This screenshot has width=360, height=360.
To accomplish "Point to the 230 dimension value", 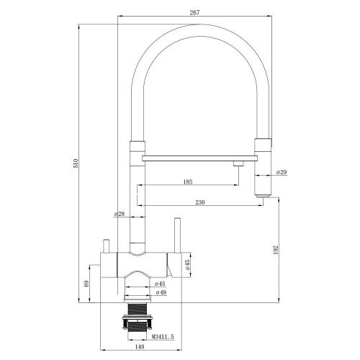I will tap(200, 203).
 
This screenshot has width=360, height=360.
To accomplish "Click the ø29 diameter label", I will tap(282, 173).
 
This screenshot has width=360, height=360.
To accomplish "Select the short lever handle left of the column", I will tap(105, 248).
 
